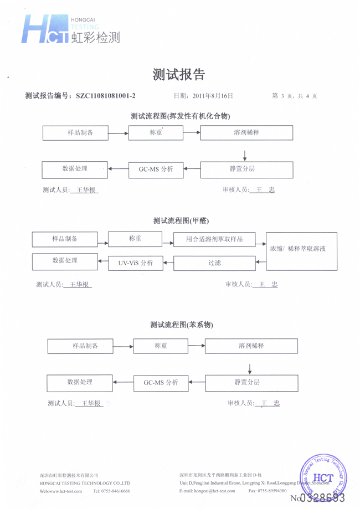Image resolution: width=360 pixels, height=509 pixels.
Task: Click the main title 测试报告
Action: [x=179, y=75]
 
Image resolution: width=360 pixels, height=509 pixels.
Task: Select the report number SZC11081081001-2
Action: [x=105, y=96]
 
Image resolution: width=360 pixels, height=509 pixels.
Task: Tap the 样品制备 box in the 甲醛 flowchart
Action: [x=65, y=239]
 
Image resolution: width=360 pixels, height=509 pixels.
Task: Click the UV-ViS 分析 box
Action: [x=136, y=263]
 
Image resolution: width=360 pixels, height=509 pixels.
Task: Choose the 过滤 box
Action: [x=215, y=263]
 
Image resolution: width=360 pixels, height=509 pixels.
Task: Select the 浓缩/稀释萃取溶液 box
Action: [x=302, y=250]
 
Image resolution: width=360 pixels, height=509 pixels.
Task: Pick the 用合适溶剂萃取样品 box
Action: [x=215, y=239]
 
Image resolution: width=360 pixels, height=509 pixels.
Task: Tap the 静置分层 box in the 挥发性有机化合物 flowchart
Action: [x=245, y=169]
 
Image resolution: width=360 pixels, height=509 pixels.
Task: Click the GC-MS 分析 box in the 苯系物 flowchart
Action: [x=161, y=383]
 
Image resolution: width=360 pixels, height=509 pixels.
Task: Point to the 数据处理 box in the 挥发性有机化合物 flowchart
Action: [x=75, y=169]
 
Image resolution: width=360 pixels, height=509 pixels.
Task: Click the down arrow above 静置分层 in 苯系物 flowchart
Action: [x=250, y=368]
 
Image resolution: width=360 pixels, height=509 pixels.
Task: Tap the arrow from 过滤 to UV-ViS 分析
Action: [x=169, y=263]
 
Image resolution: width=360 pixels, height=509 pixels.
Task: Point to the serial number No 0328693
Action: [x=321, y=498]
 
